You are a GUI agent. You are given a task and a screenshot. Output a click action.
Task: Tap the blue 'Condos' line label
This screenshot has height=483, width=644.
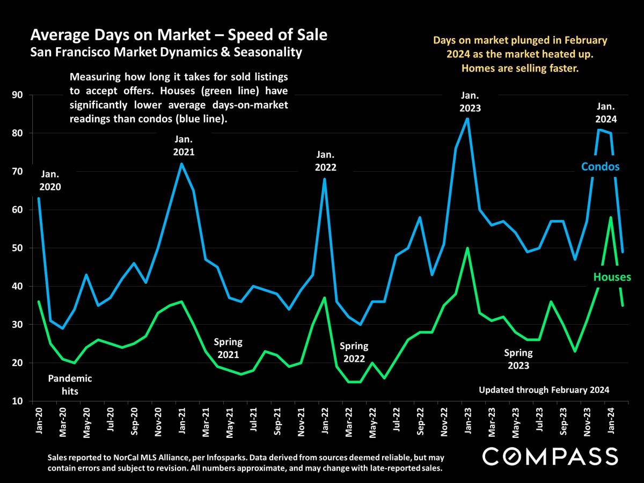[x=600, y=167]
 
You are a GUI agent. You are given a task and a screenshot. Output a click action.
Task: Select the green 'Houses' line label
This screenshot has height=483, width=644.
[x=612, y=277]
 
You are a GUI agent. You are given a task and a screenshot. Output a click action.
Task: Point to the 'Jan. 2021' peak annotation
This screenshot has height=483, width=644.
[x=184, y=146]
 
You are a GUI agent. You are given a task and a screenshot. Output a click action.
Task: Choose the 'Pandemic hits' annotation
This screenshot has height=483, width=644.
[x=70, y=385]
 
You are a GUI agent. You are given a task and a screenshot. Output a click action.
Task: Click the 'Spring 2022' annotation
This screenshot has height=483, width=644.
[x=354, y=352]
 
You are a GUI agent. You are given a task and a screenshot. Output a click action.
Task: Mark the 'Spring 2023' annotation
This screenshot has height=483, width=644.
[x=518, y=359]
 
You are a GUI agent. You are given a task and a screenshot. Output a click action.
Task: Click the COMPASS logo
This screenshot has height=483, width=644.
[x=550, y=457]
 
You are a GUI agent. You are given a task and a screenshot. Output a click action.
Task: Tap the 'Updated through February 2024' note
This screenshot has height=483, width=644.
[x=544, y=390]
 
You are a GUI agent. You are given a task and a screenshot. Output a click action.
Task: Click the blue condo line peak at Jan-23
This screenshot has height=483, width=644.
[x=468, y=119]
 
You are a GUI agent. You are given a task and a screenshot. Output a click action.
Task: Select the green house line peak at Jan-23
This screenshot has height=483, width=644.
[x=468, y=248]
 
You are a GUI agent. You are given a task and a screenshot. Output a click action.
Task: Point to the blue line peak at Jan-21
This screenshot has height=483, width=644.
[x=181, y=164]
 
